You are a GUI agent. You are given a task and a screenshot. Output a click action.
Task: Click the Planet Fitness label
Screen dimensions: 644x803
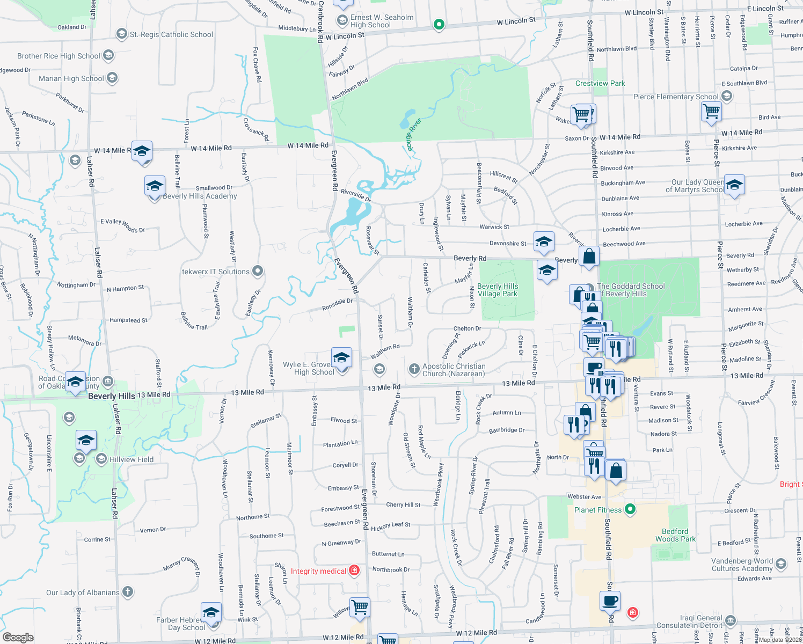597,510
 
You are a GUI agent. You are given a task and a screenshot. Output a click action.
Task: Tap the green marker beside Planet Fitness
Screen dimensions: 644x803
631,509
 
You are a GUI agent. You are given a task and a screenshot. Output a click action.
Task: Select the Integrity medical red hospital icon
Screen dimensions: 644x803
354,570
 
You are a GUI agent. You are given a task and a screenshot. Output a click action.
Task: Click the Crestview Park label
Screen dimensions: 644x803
600,83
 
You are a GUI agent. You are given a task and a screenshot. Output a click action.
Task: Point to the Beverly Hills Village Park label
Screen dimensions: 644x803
498,290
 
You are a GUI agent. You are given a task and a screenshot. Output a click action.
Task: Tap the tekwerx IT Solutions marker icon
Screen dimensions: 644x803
258,271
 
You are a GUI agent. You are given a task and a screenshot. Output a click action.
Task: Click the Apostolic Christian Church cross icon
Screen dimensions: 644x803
414,369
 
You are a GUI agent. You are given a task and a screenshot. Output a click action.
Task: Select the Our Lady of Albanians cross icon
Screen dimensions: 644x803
128,592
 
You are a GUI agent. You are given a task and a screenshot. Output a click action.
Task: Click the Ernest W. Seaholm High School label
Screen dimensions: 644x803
382,21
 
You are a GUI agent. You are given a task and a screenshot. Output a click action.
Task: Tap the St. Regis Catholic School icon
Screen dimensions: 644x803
122,34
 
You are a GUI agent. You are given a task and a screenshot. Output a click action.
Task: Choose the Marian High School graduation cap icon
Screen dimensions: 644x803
112,78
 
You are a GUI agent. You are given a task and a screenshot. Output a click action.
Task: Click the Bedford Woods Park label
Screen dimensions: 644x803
675,535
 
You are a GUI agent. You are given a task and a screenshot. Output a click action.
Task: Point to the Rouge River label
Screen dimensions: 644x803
413,134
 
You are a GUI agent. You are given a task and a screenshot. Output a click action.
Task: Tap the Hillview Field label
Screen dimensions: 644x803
132,459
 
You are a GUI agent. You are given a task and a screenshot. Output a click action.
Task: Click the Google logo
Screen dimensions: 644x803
18,638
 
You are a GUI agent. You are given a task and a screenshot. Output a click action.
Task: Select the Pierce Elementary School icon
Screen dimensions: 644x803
727,96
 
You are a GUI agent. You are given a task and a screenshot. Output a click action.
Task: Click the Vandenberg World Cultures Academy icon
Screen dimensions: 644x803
781,563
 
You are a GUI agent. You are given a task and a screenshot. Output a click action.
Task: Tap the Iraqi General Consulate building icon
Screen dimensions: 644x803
731,621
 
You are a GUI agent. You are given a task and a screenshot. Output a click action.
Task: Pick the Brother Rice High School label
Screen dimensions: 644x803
59,56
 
